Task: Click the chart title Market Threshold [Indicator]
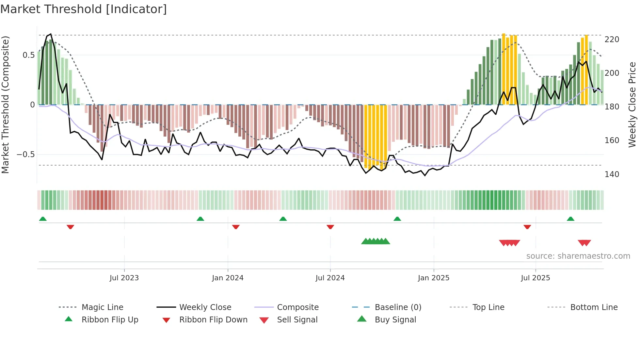click(84, 9)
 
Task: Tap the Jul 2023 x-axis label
click(124, 278)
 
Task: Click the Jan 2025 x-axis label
click(434, 278)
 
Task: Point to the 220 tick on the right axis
click(612, 40)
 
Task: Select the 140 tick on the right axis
click(612, 174)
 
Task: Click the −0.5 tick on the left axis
click(26, 155)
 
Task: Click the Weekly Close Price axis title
click(632, 105)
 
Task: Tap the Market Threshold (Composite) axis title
click(5, 105)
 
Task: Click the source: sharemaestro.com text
click(578, 256)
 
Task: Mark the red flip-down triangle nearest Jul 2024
click(330, 227)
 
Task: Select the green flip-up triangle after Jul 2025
click(570, 219)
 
